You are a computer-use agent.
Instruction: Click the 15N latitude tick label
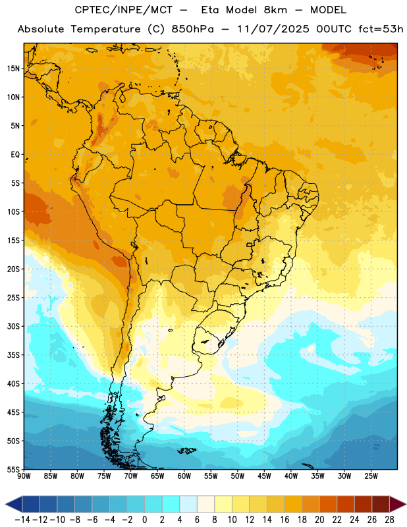(x=13, y=69)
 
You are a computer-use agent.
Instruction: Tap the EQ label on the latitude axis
(x=15, y=155)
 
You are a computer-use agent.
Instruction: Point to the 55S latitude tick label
(x=13, y=469)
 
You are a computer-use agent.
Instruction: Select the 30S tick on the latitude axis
(x=13, y=326)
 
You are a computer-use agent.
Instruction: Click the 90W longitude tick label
(x=24, y=476)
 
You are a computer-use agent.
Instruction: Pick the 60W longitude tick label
(x=184, y=476)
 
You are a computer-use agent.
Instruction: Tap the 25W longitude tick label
(x=371, y=476)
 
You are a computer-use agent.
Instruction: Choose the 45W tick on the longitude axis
(x=264, y=476)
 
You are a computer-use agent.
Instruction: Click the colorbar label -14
(x=22, y=520)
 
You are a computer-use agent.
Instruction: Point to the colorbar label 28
(x=389, y=520)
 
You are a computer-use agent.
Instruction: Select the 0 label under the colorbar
(x=145, y=520)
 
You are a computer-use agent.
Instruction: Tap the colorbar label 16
(x=285, y=520)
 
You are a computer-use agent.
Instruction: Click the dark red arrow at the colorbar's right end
(x=397, y=504)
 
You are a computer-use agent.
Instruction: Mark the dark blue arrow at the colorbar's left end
(x=14, y=504)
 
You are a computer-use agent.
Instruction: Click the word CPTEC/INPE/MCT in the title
(x=123, y=10)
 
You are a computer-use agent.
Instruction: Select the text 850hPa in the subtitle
(x=192, y=29)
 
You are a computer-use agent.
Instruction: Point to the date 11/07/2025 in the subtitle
(x=273, y=29)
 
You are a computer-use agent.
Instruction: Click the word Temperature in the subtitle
(x=105, y=30)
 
